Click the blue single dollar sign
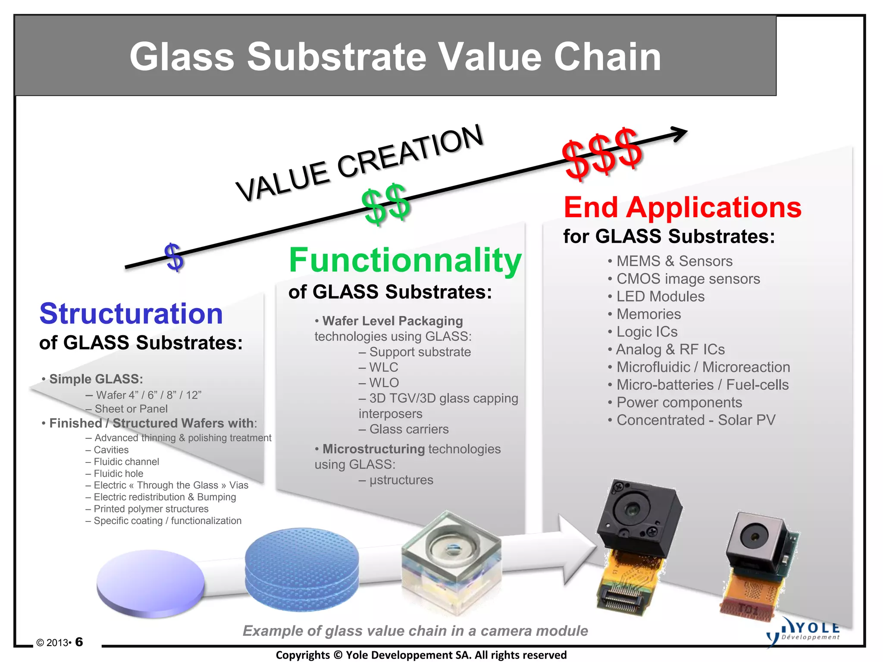click(x=175, y=257)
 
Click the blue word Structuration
click(x=131, y=313)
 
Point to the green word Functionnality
click(x=405, y=260)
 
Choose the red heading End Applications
click(x=682, y=207)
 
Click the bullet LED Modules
click(x=660, y=297)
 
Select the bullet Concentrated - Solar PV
click(x=695, y=420)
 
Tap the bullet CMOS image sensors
click(x=688, y=279)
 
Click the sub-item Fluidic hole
click(x=118, y=473)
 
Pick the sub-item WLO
click(x=384, y=383)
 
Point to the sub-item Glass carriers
click(x=408, y=429)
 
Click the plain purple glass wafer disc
click(x=150, y=582)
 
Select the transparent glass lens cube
click(x=451, y=560)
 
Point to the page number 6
click(x=79, y=642)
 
